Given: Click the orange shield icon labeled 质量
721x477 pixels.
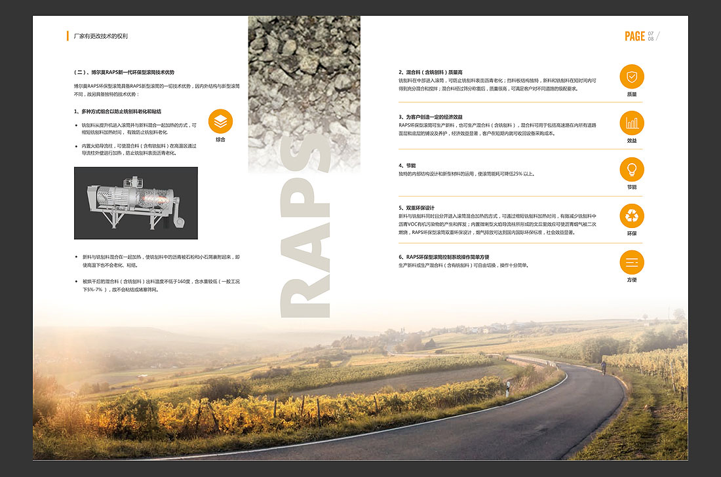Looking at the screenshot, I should click(x=632, y=77).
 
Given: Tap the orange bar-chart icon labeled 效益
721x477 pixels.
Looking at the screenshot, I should click(x=632, y=123).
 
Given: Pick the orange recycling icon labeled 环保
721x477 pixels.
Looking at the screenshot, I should click(x=632, y=216).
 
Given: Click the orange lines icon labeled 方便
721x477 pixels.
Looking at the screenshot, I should click(x=632, y=263).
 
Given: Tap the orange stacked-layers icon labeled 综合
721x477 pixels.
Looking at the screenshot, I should click(x=220, y=121).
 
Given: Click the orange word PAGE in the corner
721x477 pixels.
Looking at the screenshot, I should click(x=634, y=37).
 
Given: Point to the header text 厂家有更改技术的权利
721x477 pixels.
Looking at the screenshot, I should click(x=101, y=36).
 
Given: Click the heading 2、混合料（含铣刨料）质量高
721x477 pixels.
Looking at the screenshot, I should click(x=431, y=72).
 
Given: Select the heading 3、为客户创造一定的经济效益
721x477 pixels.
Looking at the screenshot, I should click(x=435, y=117).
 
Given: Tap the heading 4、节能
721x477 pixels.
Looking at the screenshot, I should click(x=407, y=166).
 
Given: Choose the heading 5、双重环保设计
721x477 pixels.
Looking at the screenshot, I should click(x=416, y=208).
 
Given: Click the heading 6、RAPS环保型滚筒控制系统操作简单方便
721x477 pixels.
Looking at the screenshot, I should click(x=444, y=257).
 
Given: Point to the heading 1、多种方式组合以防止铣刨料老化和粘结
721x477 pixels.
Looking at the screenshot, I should click(x=117, y=111).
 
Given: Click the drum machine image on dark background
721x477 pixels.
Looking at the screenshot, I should click(x=136, y=202).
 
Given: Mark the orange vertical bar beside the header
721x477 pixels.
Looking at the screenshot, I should click(x=68, y=36).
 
